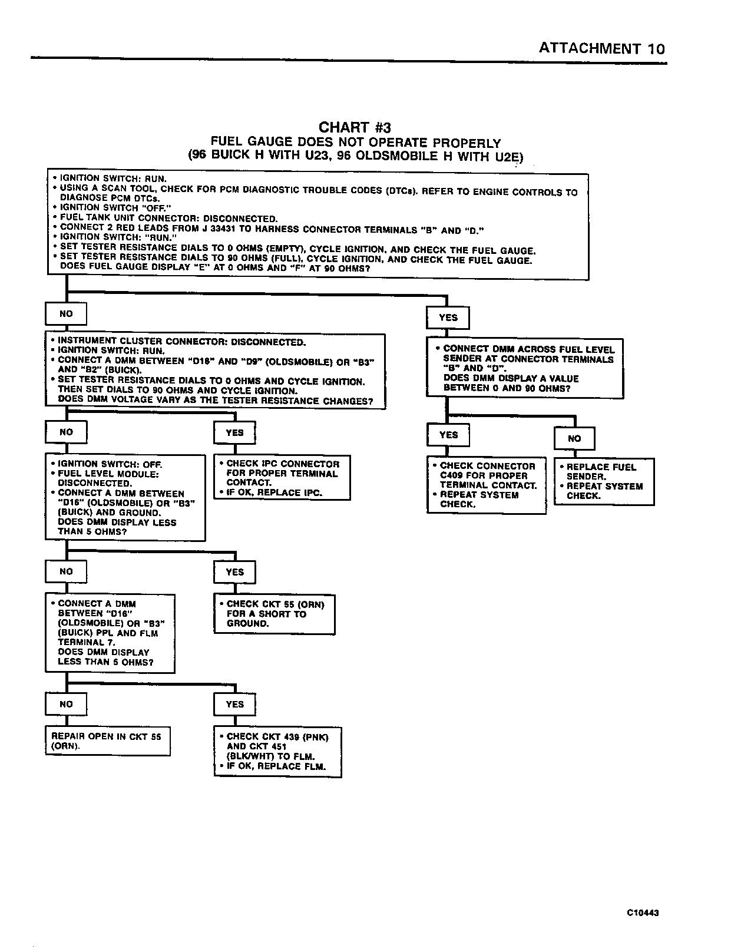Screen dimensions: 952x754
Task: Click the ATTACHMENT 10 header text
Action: [x=601, y=48]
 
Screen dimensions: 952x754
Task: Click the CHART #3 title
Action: [x=355, y=127]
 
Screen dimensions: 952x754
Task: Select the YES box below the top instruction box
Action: [x=448, y=318]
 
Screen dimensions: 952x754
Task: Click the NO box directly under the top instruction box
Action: [x=66, y=314]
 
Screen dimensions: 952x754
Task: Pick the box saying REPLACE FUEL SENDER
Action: [x=604, y=481]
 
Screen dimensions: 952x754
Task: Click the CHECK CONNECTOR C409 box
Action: [x=487, y=485]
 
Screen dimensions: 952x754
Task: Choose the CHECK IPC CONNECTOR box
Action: [x=282, y=478]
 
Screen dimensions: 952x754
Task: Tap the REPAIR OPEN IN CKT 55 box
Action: [x=107, y=741]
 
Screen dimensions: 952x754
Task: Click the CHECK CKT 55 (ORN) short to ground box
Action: [x=274, y=614]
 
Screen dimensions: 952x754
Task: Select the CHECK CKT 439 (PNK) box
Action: [x=277, y=752]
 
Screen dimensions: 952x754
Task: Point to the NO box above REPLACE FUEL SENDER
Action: [x=574, y=438]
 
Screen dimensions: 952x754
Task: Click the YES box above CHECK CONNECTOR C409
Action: [x=448, y=435]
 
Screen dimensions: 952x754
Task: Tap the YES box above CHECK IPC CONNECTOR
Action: [x=234, y=432]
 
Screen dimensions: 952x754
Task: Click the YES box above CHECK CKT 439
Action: [x=234, y=704]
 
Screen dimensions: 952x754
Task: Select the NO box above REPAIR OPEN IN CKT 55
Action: [x=66, y=704]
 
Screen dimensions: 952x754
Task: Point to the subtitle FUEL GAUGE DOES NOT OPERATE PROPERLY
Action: [x=356, y=143]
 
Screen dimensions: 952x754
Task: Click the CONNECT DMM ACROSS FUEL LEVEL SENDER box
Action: [x=524, y=368]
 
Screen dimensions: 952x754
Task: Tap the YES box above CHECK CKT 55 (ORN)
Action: [x=234, y=572]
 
